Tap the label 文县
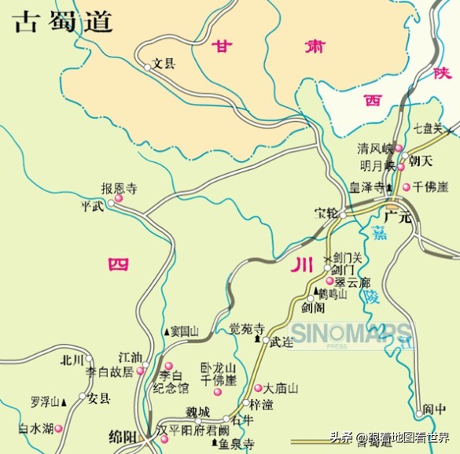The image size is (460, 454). point(165,63)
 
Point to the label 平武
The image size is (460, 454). point(92,206)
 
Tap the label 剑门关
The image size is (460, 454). point(348,257)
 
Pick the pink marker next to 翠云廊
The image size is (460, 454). point(329,281)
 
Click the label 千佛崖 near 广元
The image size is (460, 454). point(432,186)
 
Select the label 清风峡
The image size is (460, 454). point(374,148)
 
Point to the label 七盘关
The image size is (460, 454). point(428,128)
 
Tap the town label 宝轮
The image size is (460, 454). point(326,213)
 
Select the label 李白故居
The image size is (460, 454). point(110,371)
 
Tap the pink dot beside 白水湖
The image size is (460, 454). point(58,429)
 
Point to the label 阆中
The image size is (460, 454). point(434,408)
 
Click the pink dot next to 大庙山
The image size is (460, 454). point(258,388)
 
